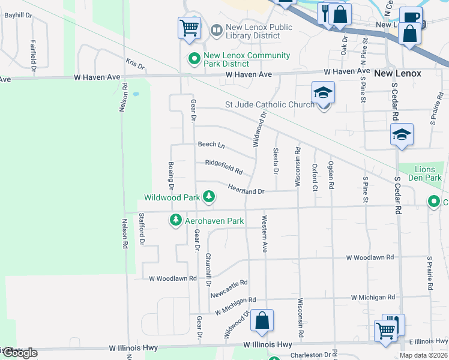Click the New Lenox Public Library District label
coord(259,31)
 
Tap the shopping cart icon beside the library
coord(189,27)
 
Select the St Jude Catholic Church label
coord(270,105)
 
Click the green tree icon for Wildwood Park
coord(209,196)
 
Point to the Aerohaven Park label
coord(214,221)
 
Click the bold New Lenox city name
coord(397,73)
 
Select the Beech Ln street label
coord(211,145)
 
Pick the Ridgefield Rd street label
coord(223,166)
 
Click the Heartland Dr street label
coord(246,190)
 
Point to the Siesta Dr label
coord(276,161)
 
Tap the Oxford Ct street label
coord(315,177)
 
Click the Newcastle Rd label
coord(229,289)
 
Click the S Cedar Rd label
coord(397,195)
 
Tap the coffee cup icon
coord(411,17)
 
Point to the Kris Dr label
coord(135,64)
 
